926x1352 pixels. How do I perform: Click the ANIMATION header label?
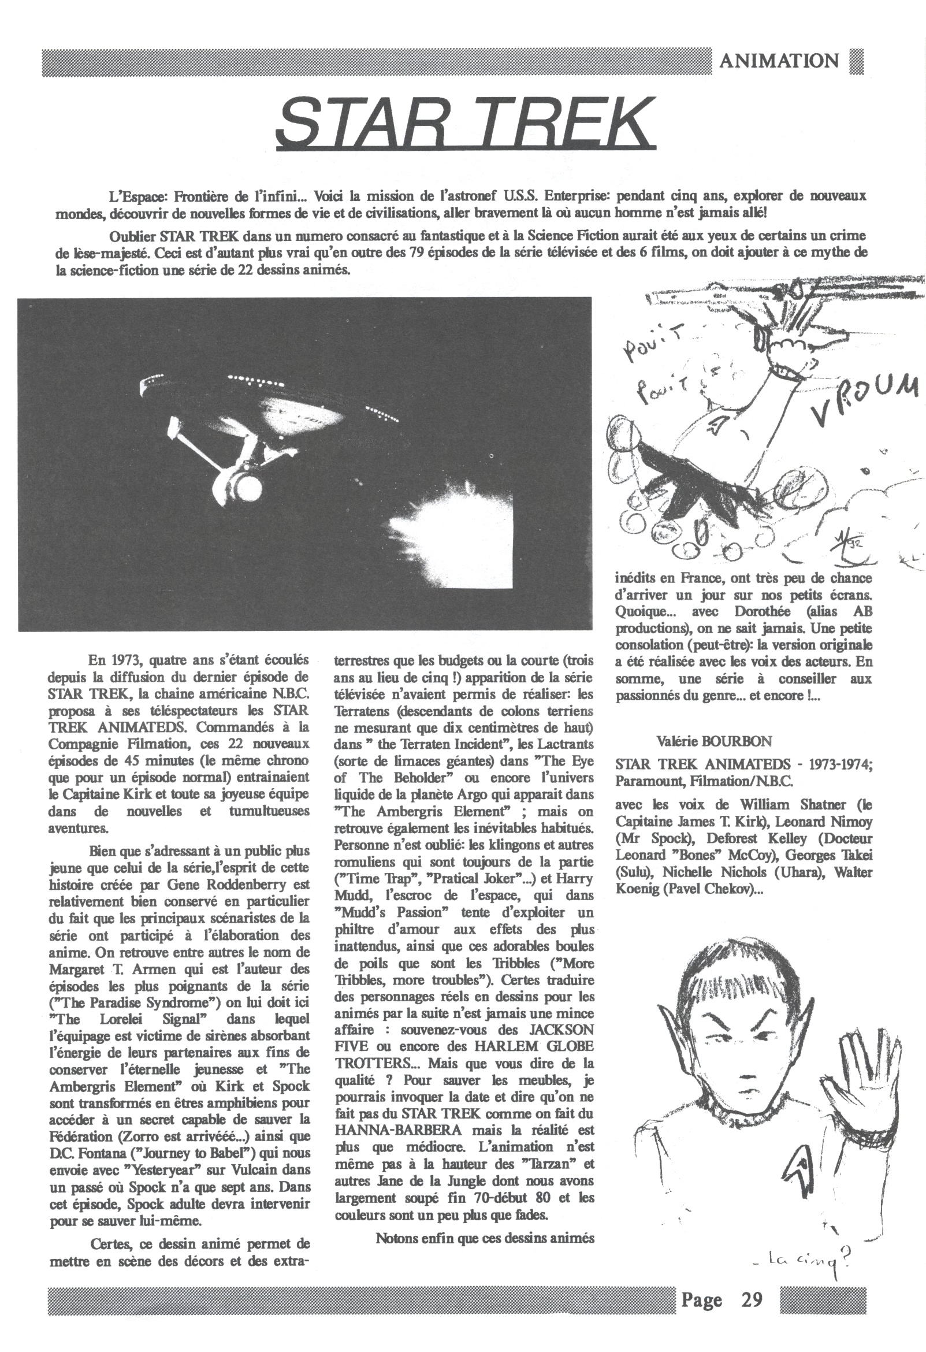pos(779,61)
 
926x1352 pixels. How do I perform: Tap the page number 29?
pos(751,1299)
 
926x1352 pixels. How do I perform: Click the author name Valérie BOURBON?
pos(714,741)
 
